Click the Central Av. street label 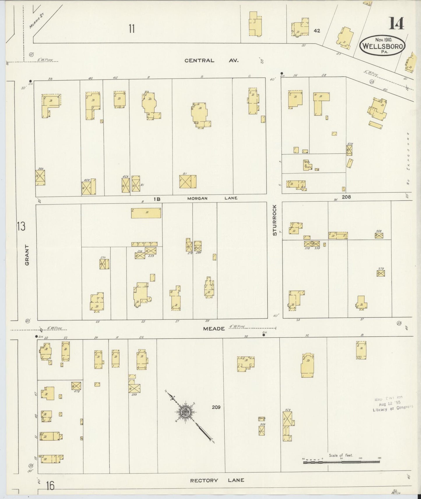pyautogui.click(x=212, y=61)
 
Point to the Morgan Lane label pyautogui.click(x=212, y=198)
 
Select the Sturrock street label pyautogui.click(x=274, y=220)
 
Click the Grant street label pyautogui.click(x=27, y=255)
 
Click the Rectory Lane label pyautogui.click(x=217, y=480)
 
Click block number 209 pyautogui.click(x=216, y=407)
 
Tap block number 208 pyautogui.click(x=346, y=197)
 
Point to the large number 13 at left pyautogui.click(x=21, y=226)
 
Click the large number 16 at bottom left pyautogui.click(x=50, y=486)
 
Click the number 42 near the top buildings pyautogui.click(x=317, y=31)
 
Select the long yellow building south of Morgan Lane pyautogui.click(x=146, y=213)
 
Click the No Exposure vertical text pyautogui.click(x=408, y=159)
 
